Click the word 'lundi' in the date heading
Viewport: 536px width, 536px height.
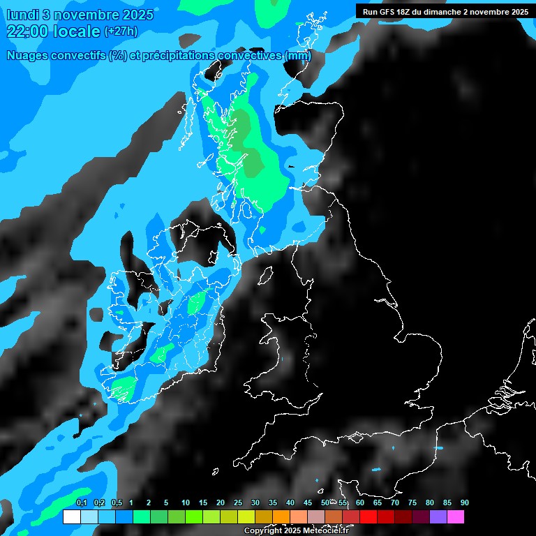click(22, 15)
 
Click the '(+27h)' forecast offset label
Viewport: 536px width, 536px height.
click(120, 31)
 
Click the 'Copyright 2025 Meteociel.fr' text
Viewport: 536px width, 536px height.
click(296, 531)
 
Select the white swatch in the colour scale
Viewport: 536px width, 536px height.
click(71, 516)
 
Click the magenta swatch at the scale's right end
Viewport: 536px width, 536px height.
click(455, 516)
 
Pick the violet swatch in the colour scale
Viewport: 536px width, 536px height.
click(438, 516)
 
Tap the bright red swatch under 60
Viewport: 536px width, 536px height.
click(368, 516)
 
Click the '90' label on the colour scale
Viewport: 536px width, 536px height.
click(465, 502)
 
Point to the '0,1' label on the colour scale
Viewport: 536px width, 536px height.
click(82, 502)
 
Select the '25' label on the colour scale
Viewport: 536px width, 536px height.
click(238, 502)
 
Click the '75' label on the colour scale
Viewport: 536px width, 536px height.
click(412, 502)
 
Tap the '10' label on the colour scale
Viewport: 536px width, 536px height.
click(186, 502)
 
